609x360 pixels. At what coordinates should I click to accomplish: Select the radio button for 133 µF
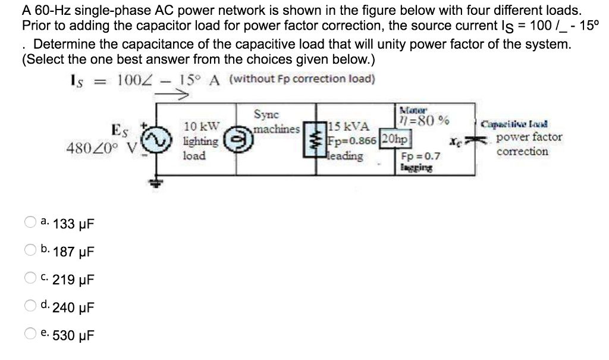tap(30, 224)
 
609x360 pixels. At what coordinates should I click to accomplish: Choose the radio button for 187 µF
tap(30, 251)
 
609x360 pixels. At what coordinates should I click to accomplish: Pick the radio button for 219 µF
tap(30, 278)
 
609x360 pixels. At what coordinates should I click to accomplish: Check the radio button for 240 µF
tap(30, 307)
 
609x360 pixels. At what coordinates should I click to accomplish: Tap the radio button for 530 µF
tap(30, 335)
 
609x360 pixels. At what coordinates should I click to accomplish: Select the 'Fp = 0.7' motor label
tap(421, 156)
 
